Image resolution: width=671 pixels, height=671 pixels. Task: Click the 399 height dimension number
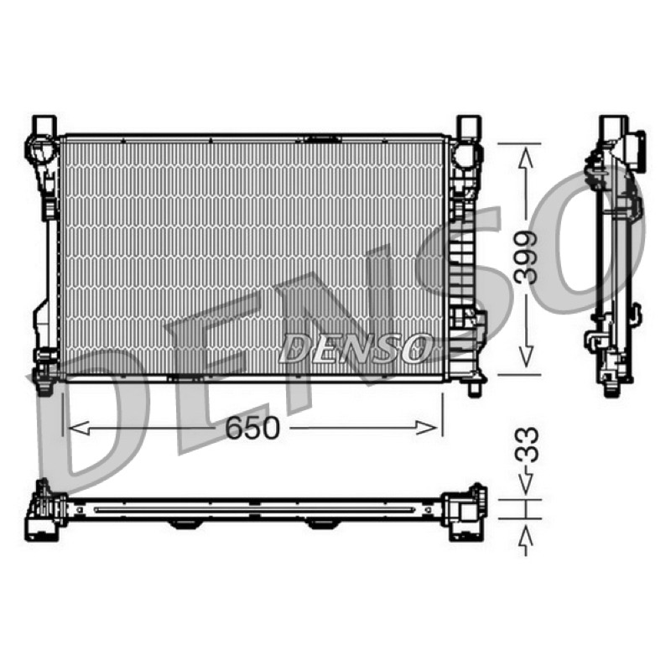point(526,258)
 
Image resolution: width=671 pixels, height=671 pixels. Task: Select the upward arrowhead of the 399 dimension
point(526,157)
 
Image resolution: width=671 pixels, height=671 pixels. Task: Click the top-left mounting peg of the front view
point(45,125)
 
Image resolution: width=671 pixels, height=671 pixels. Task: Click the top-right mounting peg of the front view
point(469,125)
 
